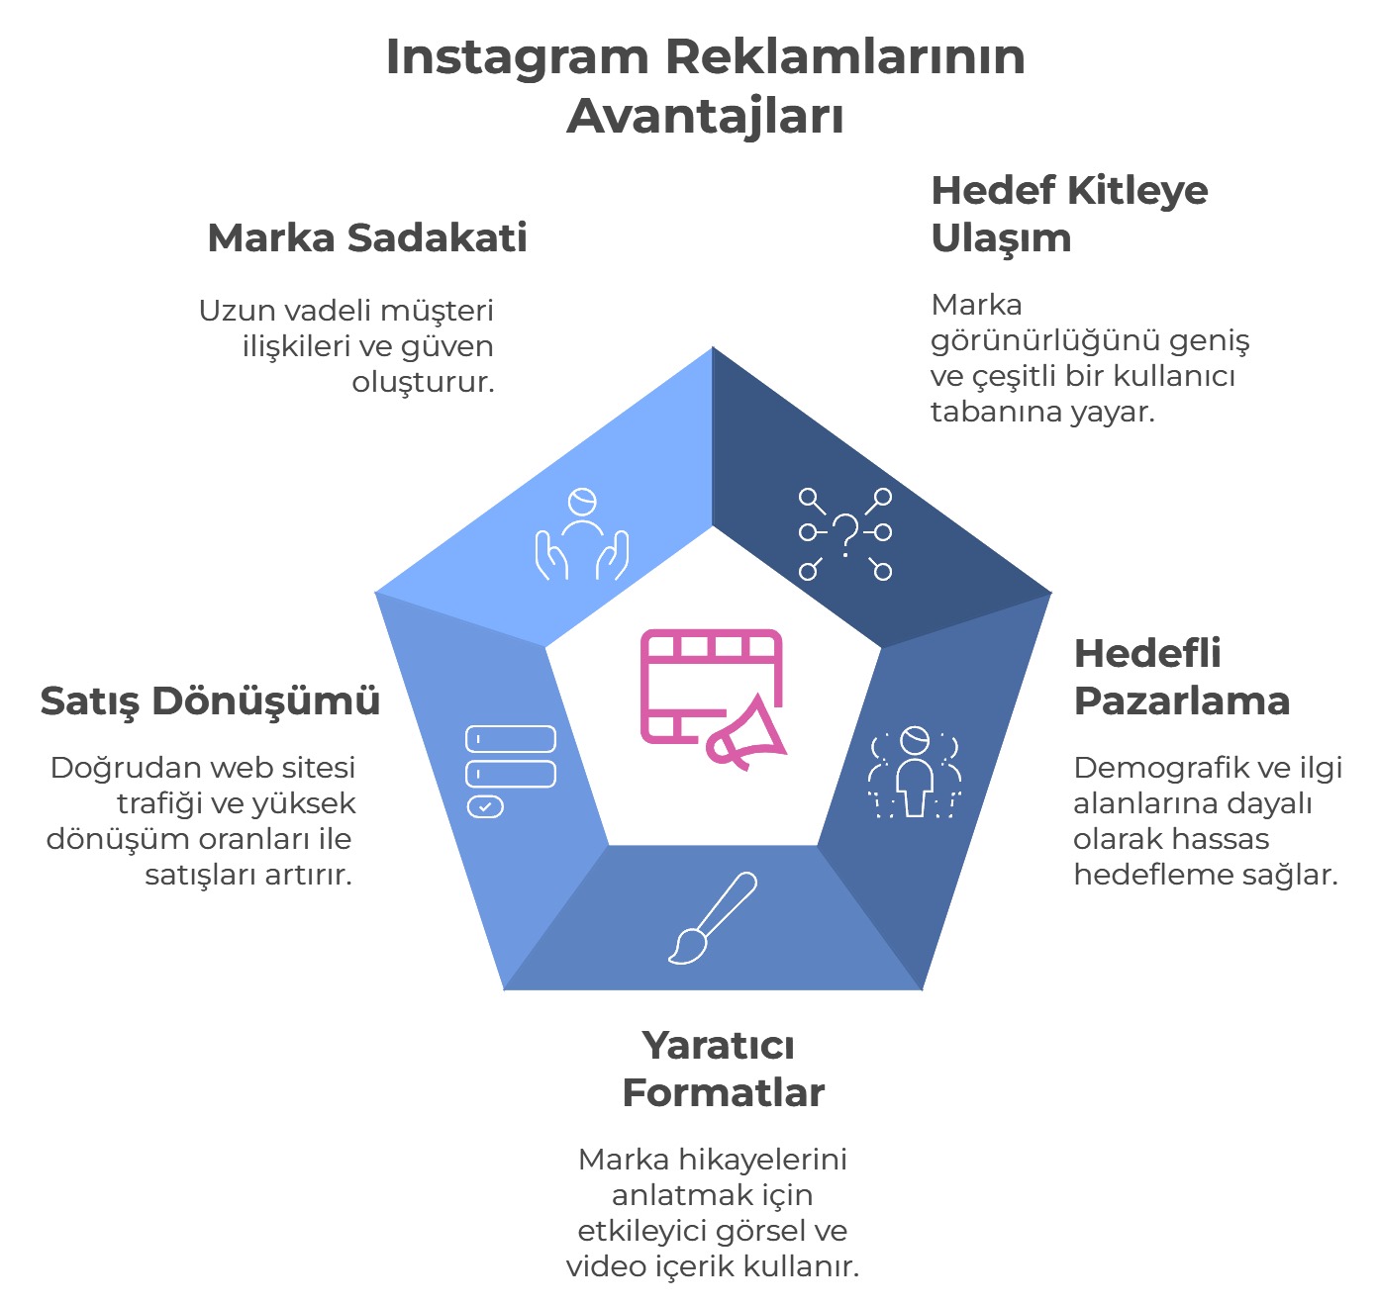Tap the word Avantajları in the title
[705, 117]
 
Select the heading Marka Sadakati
[367, 238]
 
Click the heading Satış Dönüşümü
[210, 700]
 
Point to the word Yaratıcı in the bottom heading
[718, 1045]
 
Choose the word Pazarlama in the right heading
[1182, 700]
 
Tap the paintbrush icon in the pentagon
[713, 917]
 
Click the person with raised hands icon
[582, 534]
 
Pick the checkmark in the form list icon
[485, 807]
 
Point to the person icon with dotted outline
[915, 773]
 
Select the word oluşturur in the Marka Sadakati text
[423, 382]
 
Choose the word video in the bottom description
[606, 1266]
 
